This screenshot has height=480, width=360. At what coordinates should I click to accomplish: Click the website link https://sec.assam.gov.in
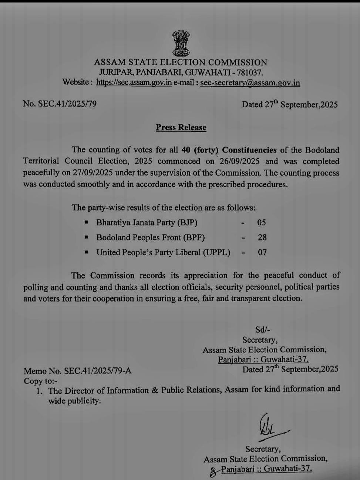tap(134, 82)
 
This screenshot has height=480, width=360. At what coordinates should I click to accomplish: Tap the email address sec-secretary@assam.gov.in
tap(250, 83)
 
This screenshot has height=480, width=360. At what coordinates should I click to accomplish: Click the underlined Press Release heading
tap(181, 127)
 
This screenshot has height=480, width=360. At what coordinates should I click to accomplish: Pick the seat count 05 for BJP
tap(262, 222)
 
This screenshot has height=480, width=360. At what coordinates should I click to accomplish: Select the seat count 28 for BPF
tap(262, 237)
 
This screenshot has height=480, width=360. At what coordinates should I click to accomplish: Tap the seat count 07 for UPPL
tap(262, 252)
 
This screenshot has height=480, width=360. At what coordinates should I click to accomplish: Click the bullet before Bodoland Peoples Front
tap(86, 237)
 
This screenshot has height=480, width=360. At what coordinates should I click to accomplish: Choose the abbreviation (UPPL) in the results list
tap(216, 252)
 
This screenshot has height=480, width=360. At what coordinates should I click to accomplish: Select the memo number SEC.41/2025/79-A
tap(98, 371)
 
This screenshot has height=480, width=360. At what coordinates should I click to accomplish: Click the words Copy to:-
tap(40, 381)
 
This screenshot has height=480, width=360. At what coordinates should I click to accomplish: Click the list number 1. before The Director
tap(40, 391)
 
